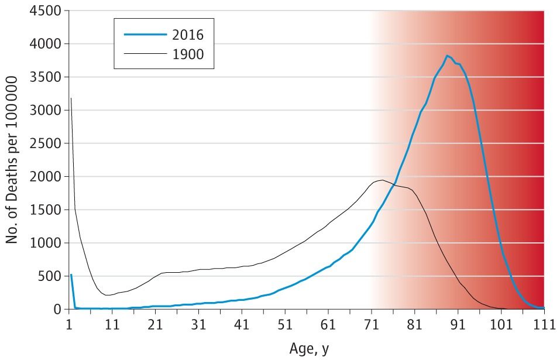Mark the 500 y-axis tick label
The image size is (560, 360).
point(51,276)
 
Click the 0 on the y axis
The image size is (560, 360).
point(58,309)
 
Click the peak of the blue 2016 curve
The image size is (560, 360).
point(447,56)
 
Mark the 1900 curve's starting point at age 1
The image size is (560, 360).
point(70,98)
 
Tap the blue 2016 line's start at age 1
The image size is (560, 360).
point(71,275)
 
